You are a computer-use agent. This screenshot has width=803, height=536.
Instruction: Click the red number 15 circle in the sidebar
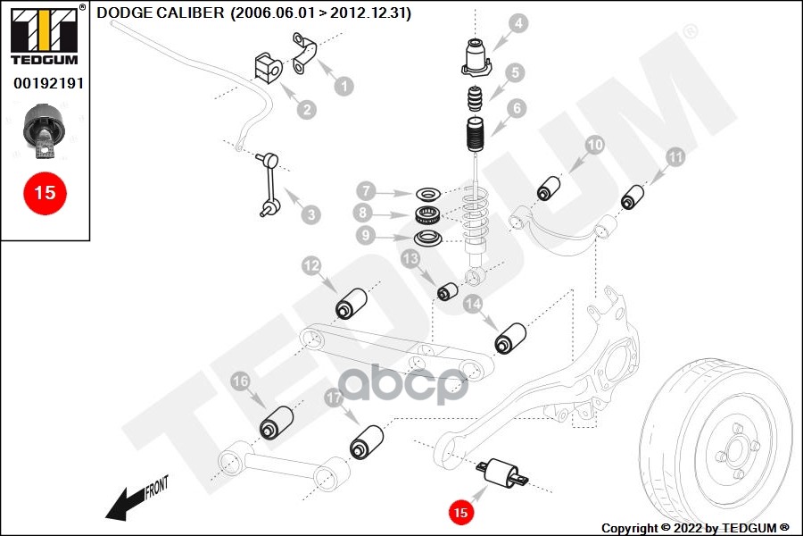pyautogui.click(x=45, y=192)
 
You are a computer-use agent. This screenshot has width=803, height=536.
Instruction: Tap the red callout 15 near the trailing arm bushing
pyautogui.click(x=460, y=513)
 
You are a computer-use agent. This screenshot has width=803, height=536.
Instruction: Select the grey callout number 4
pyautogui.click(x=518, y=22)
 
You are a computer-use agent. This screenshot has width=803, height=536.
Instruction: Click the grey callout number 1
pyautogui.click(x=343, y=87)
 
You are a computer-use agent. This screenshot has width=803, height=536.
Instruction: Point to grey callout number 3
pyautogui.click(x=310, y=214)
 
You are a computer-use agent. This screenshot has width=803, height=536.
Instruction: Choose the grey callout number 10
pyautogui.click(x=595, y=145)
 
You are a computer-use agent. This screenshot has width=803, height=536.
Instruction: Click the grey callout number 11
pyautogui.click(x=676, y=157)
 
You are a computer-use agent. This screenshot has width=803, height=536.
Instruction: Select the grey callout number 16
pyautogui.click(x=240, y=381)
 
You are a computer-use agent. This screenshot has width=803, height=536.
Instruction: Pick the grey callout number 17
pyautogui.click(x=333, y=398)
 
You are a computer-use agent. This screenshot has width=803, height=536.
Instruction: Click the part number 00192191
pyautogui.click(x=45, y=82)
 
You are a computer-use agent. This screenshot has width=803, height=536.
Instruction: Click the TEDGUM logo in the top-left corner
pyautogui.click(x=44, y=36)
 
